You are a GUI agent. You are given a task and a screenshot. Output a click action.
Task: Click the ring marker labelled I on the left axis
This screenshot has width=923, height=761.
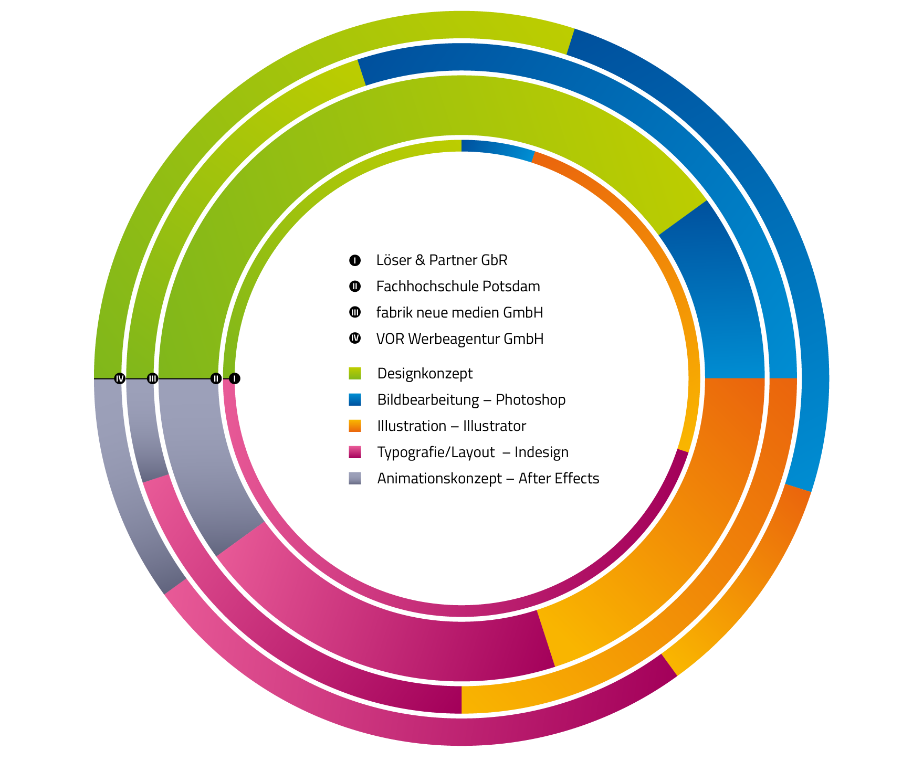pyautogui.click(x=235, y=378)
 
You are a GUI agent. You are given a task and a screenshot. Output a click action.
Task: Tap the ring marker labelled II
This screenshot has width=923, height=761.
pyautogui.click(x=216, y=378)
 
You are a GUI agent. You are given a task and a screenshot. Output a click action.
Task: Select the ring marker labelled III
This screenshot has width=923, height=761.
pyautogui.click(x=152, y=378)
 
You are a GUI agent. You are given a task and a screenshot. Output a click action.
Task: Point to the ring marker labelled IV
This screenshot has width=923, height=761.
pyautogui.click(x=120, y=378)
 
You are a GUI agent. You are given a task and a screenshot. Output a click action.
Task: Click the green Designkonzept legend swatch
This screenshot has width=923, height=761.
pyautogui.click(x=355, y=373)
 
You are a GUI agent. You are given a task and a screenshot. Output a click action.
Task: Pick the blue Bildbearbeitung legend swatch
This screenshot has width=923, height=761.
pyautogui.click(x=355, y=399)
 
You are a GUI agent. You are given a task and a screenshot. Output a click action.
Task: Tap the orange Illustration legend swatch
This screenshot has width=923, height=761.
pyautogui.click(x=355, y=426)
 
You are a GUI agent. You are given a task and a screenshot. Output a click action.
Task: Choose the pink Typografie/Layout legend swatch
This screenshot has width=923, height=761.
pyautogui.click(x=355, y=452)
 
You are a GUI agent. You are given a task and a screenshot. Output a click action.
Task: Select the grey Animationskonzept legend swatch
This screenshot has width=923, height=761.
pyautogui.click(x=355, y=478)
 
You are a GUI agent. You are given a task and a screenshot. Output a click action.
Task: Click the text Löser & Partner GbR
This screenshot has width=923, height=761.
pyautogui.click(x=442, y=260)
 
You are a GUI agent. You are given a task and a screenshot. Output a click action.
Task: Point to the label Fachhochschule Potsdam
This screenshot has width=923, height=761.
pyautogui.click(x=458, y=286)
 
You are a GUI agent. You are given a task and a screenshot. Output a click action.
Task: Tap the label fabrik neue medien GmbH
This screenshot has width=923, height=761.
pyautogui.click(x=459, y=312)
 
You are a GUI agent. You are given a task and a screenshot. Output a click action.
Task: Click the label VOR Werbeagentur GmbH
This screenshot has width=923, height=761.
pyautogui.click(x=459, y=339)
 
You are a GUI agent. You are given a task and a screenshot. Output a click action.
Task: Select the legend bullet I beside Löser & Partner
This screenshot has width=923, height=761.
pyautogui.click(x=355, y=260)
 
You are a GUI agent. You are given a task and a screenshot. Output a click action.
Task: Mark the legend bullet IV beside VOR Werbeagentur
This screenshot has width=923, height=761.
pyautogui.click(x=355, y=339)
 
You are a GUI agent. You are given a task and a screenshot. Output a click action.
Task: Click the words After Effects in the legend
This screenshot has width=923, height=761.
pyautogui.click(x=559, y=478)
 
